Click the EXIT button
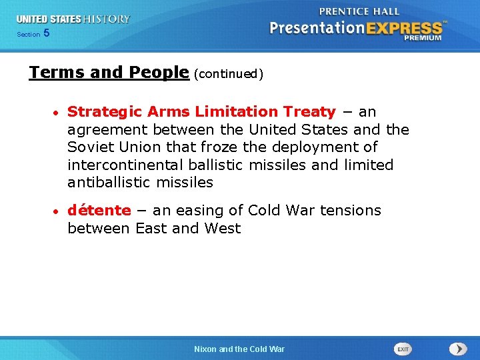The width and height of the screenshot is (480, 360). click(403, 349)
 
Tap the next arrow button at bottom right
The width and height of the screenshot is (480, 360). click(458, 349)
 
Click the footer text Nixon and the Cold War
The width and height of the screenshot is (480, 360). click(239, 349)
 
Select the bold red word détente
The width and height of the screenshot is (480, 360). click(99, 211)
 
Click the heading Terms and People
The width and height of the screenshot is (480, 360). click(109, 73)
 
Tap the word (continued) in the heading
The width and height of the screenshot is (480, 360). click(229, 74)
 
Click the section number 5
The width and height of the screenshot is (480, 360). click(46, 33)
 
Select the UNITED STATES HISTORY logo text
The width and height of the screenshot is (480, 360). click(73, 19)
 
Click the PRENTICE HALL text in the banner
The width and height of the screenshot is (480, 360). click(359, 11)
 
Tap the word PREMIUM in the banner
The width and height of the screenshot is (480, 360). click(422, 38)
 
